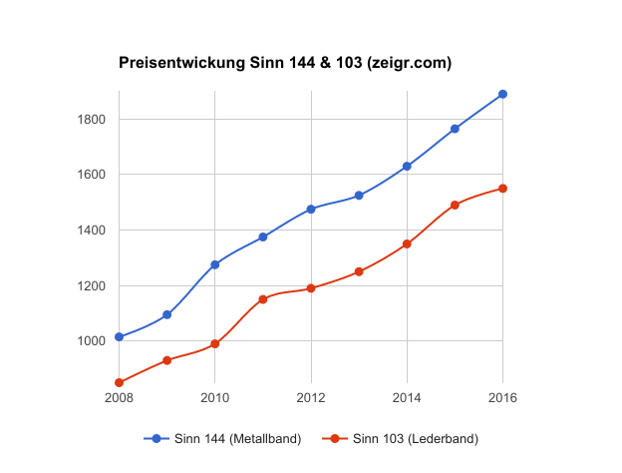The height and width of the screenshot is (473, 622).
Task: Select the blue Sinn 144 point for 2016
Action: (x=502, y=94)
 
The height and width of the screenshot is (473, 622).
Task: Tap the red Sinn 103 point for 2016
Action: (x=502, y=188)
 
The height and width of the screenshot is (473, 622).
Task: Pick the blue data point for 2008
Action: (x=120, y=336)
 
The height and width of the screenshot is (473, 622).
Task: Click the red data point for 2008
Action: (x=120, y=382)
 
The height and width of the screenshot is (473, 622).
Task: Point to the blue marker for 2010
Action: (x=215, y=264)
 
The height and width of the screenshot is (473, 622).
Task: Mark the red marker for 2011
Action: (x=263, y=299)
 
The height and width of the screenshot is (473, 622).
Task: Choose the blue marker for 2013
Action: (x=359, y=196)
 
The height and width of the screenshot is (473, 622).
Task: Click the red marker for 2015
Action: (x=455, y=205)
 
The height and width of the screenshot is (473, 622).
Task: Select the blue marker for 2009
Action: (x=167, y=314)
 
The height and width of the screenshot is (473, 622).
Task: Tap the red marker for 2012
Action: (x=311, y=288)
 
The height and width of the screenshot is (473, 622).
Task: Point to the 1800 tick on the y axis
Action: (x=92, y=120)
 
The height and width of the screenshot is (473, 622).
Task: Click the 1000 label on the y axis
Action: (x=92, y=341)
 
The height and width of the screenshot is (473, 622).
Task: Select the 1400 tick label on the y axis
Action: (x=92, y=231)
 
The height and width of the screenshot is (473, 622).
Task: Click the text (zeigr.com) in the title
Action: (x=410, y=63)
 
